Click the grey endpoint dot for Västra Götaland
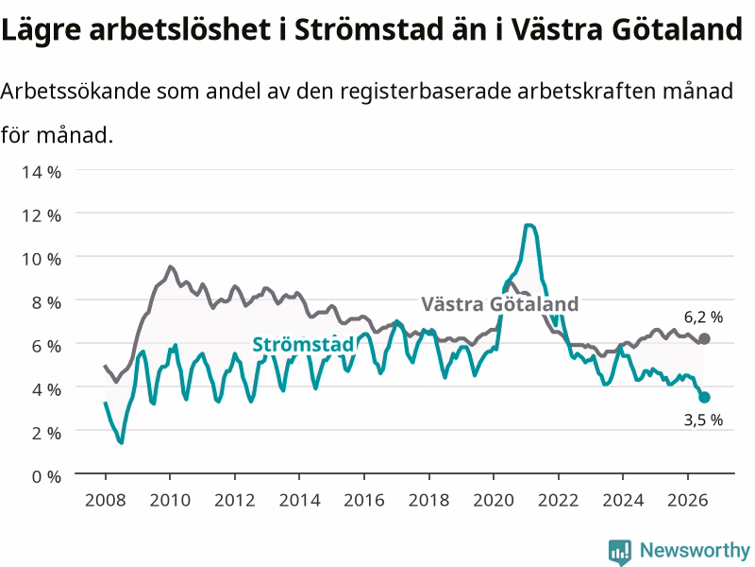coord(704,339)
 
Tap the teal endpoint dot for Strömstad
coord(704,397)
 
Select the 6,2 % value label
coord(703,318)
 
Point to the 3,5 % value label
coord(703,420)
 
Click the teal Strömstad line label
coord(303,344)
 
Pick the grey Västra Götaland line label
coord(500,303)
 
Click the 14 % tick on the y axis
coord(42,172)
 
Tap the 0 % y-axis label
coord(46,476)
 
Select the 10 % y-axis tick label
coord(42,259)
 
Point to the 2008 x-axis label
coord(106,500)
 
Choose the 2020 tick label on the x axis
coord(494,500)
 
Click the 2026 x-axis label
coord(688,500)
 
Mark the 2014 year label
coord(299,500)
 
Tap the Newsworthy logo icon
coord(620,551)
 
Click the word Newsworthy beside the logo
coord(695,550)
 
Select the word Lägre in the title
coord(42,30)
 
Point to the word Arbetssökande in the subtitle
coord(75,91)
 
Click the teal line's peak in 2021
coord(529,225)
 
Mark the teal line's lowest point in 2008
coord(122,442)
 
